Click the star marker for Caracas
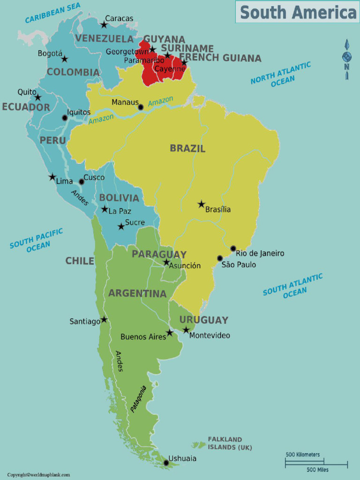pos(104,24)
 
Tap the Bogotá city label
pos(50,53)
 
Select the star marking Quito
pos(37,97)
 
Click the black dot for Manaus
pos(141,107)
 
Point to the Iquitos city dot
pos(65,118)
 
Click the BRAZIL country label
pos(187,149)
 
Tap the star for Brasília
pos(201,204)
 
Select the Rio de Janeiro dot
pos(233,248)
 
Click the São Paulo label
pos(239,265)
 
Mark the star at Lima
pos(52,177)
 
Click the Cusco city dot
pos(81,182)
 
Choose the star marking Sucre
pos(121,226)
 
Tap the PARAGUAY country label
pos(159,254)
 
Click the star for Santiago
pos(104,320)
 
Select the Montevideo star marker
pos(186,330)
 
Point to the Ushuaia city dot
pos(166,463)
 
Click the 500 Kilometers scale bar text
pos(303,455)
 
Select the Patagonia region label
pos(138,399)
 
